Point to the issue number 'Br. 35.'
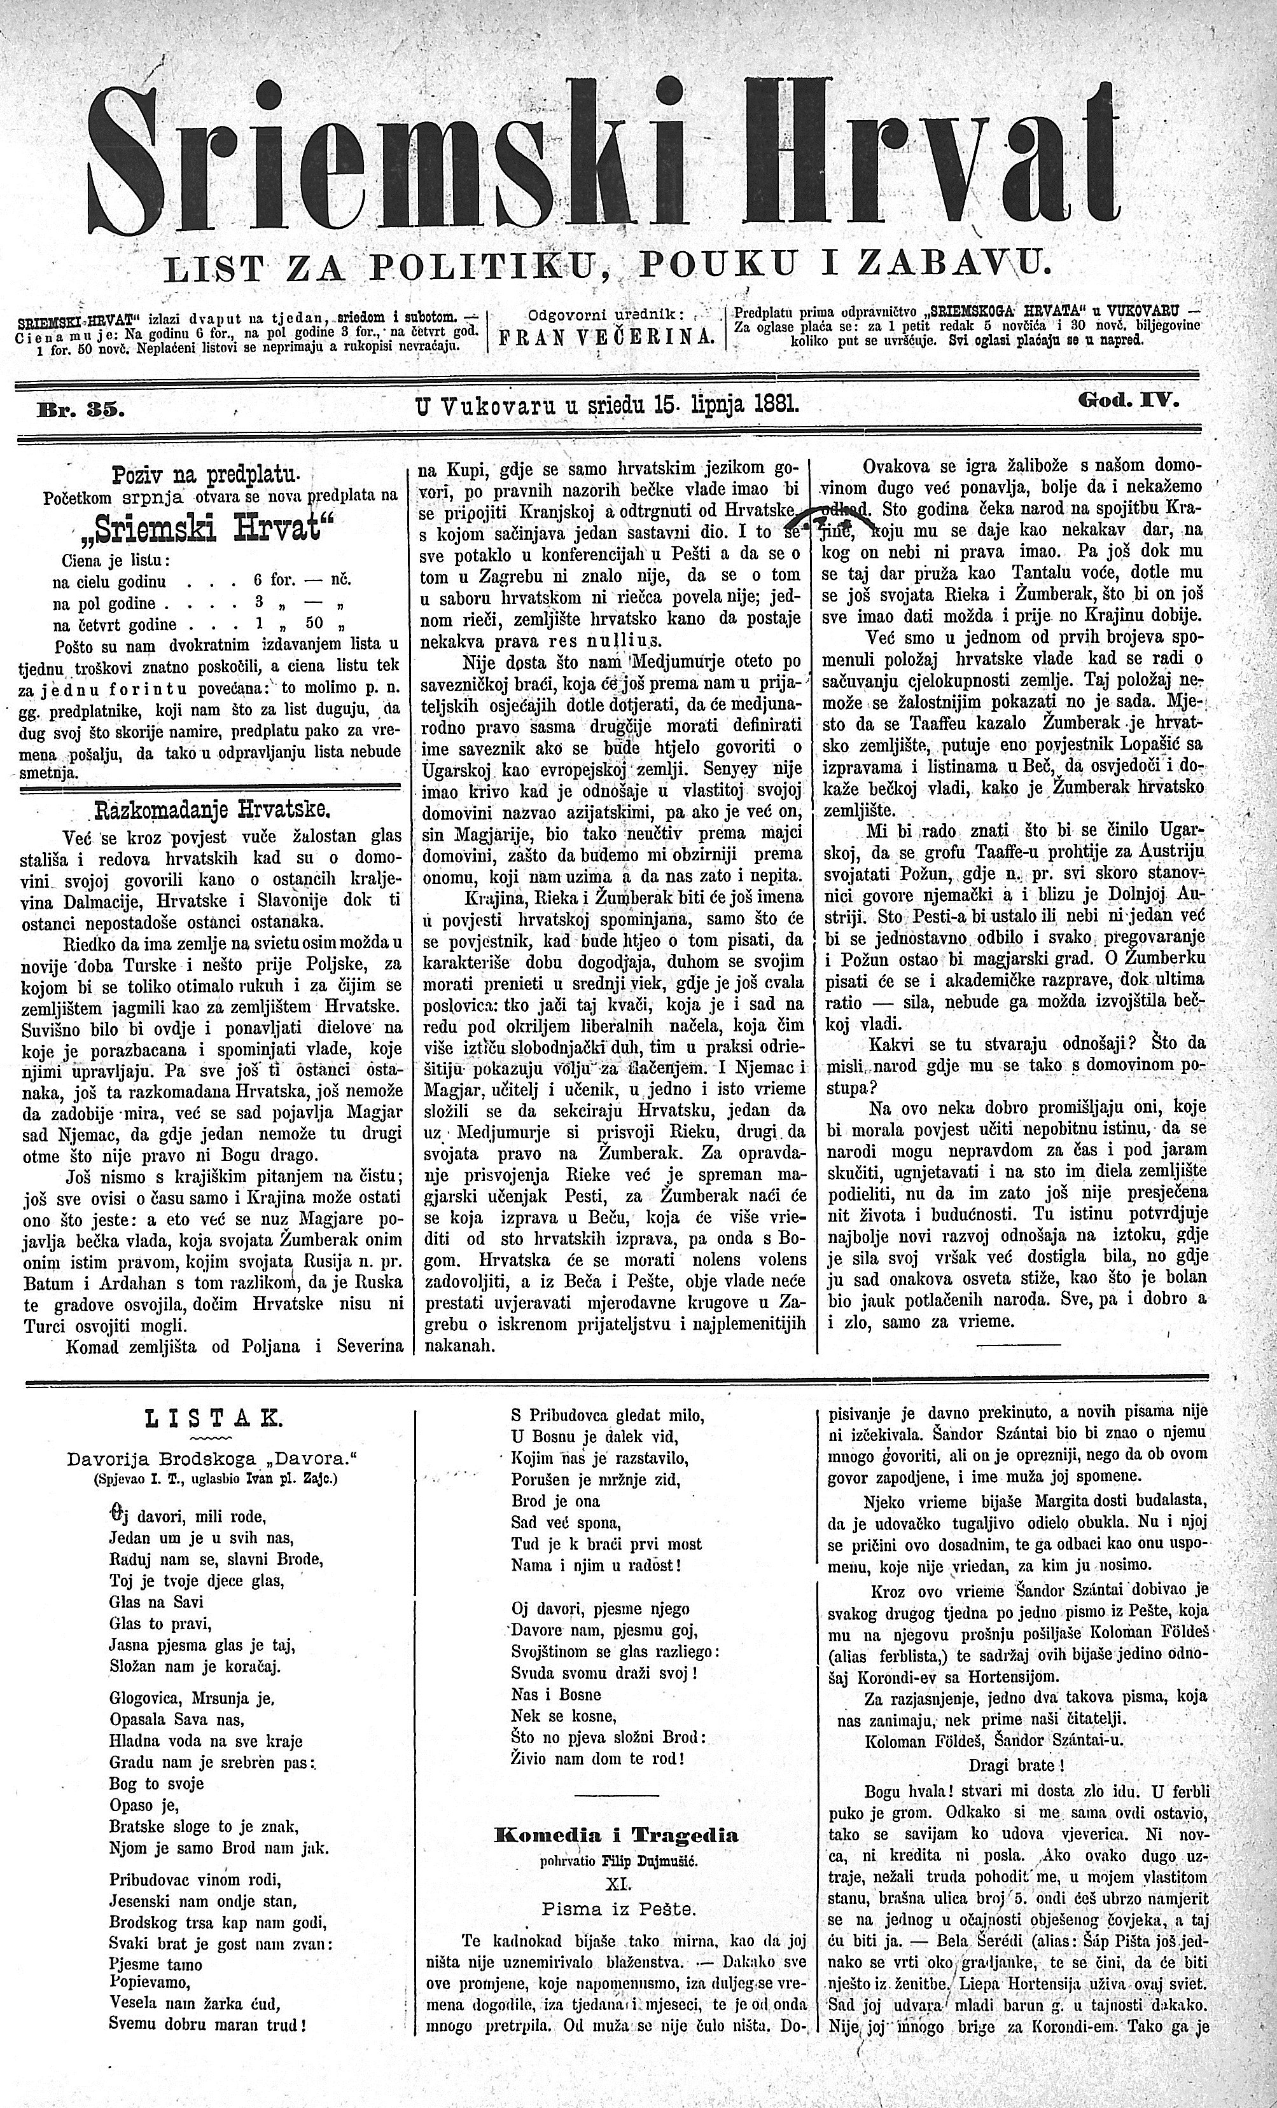(77, 408)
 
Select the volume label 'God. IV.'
(1129, 399)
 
